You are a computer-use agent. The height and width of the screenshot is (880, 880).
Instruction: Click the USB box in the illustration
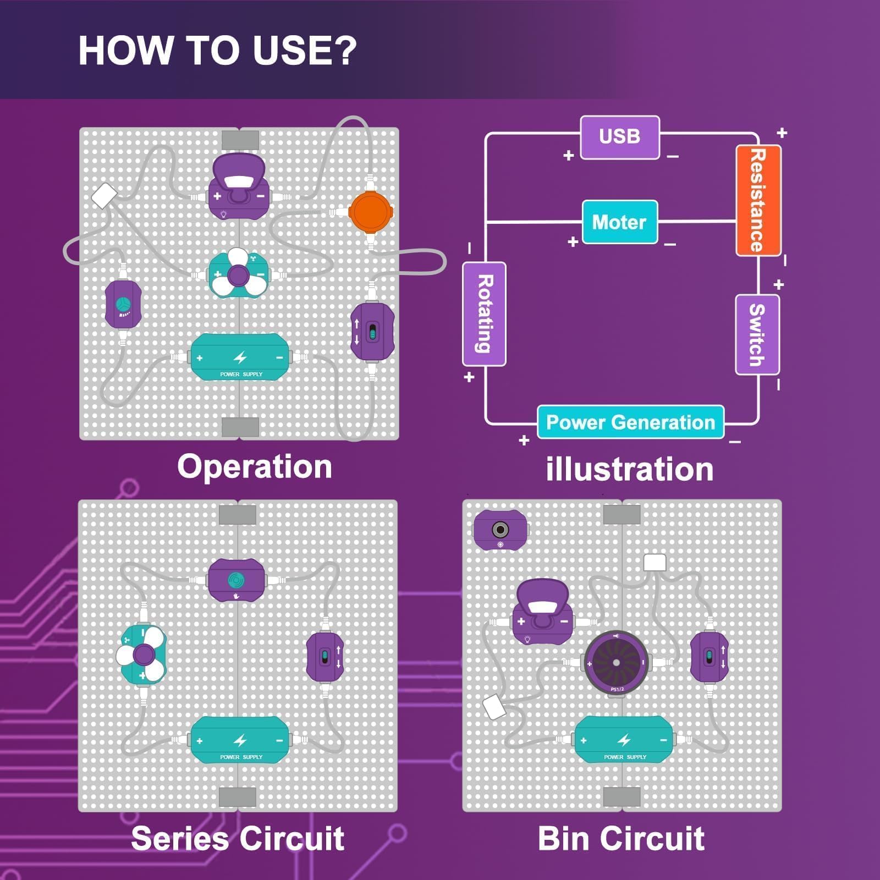click(x=620, y=137)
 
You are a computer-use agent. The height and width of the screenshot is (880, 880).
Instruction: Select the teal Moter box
click(x=620, y=222)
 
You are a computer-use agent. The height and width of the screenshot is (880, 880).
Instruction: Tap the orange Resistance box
click(x=758, y=200)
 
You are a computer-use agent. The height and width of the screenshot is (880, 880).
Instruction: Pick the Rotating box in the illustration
click(x=484, y=313)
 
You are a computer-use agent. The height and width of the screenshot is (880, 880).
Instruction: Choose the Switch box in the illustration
click(x=757, y=334)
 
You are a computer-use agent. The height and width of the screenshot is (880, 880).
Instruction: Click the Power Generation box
click(x=630, y=422)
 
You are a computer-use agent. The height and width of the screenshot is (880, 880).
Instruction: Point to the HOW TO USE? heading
click(x=218, y=51)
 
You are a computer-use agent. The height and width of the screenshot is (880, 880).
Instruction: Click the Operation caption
click(x=255, y=467)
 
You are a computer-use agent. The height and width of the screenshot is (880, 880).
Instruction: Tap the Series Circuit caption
click(x=238, y=838)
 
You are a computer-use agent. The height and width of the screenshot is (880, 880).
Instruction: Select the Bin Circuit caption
click(x=621, y=838)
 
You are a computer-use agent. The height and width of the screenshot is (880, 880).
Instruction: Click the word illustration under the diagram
click(x=630, y=469)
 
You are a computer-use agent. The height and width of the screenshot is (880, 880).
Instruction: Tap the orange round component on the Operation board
click(x=371, y=212)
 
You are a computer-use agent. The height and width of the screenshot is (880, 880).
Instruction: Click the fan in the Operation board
click(x=238, y=274)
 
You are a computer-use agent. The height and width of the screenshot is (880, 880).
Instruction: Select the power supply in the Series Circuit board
click(x=240, y=740)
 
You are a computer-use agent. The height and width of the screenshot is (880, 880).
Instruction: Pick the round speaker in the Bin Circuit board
click(x=616, y=663)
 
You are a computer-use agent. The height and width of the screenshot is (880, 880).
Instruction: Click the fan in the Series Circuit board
click(x=142, y=654)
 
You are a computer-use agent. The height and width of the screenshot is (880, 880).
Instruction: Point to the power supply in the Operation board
click(x=240, y=357)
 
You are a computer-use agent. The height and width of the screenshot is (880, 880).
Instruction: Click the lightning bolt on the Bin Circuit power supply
click(x=624, y=740)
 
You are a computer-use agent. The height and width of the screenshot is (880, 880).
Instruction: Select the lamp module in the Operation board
click(x=238, y=187)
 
